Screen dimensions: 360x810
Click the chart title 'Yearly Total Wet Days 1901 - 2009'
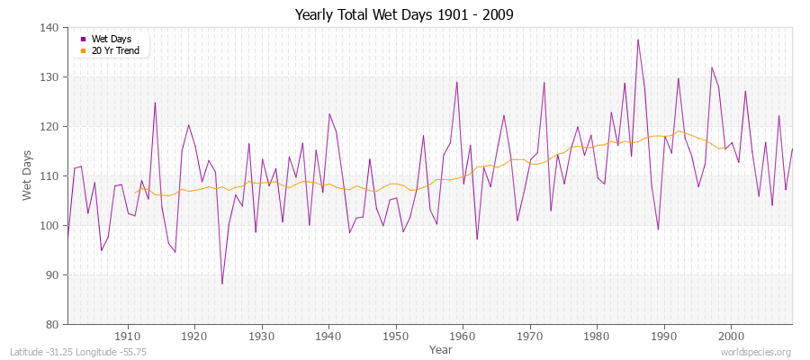[404, 15]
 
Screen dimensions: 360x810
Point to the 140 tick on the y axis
[50, 28]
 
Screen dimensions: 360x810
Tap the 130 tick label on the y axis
[50, 77]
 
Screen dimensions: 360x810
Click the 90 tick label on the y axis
[53, 274]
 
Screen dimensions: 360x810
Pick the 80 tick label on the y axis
[53, 324]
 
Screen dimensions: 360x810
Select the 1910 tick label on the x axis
[128, 336]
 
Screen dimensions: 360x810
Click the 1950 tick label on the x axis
[396, 336]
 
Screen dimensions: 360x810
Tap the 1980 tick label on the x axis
[597, 336]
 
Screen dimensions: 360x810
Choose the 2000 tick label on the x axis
[731, 336]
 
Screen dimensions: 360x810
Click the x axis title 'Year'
[441, 348]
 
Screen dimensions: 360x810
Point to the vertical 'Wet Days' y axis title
[28, 175]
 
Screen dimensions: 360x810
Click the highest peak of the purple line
[638, 40]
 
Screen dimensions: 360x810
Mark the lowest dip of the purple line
[222, 284]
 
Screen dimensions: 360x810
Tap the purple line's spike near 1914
[155, 103]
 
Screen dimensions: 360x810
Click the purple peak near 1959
[457, 82]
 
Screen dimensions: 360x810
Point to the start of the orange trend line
[135, 193]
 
